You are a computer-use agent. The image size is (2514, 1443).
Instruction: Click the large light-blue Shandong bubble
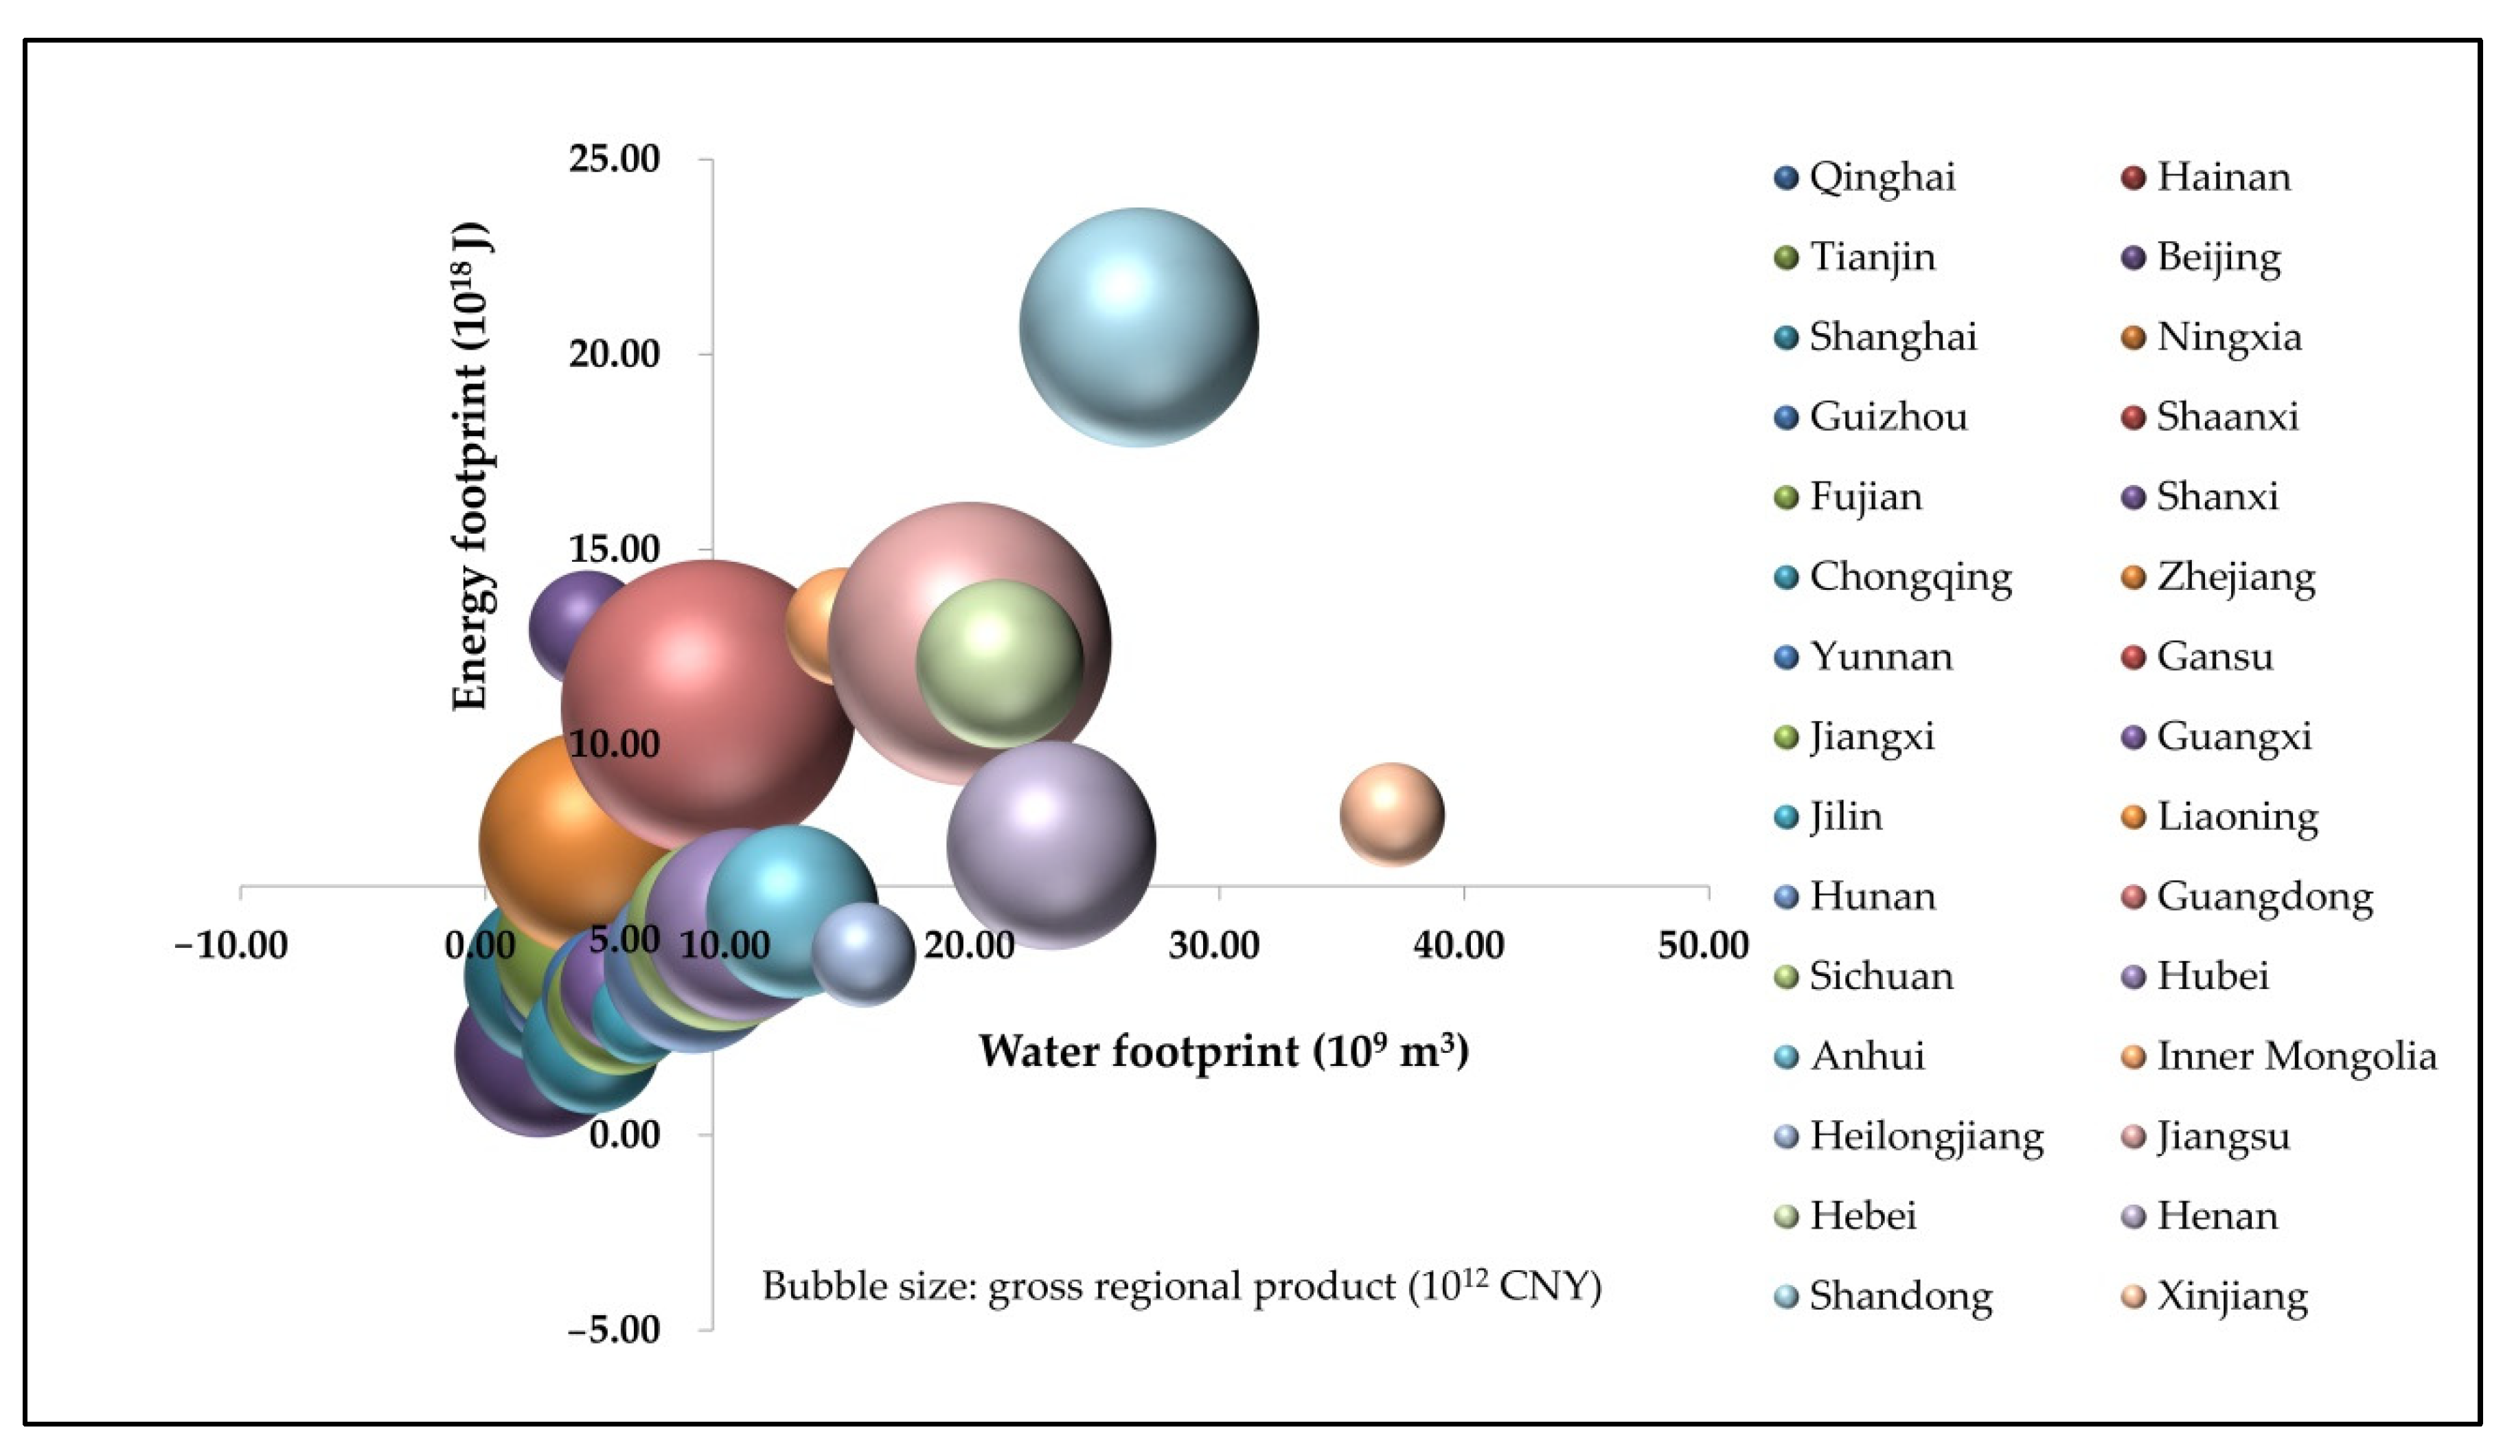click(1139, 327)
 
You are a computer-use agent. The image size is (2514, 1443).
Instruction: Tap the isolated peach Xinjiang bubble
click(1391, 815)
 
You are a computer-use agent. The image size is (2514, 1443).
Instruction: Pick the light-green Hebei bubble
click(1000, 663)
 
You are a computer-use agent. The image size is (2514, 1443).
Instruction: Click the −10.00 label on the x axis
click(231, 944)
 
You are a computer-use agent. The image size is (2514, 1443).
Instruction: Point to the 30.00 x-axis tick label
click(1214, 944)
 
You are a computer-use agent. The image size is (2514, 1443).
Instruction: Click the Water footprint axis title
click(1223, 1052)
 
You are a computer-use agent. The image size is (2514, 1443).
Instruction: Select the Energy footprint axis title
click(472, 466)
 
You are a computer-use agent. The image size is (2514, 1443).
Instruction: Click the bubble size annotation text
click(1181, 1286)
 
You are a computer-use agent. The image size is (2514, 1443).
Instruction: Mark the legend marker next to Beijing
click(2134, 258)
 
